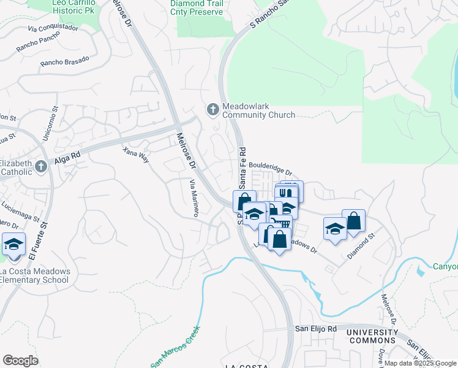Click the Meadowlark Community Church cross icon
(x=213, y=109)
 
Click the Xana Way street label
(x=136, y=155)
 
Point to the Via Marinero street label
(x=194, y=198)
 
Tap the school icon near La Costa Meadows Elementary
(x=13, y=244)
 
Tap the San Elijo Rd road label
(x=316, y=329)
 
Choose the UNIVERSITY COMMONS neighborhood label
(x=372, y=336)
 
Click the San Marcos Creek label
(x=176, y=347)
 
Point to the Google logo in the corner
(x=21, y=360)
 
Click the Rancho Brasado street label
(x=65, y=61)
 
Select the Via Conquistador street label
(x=53, y=28)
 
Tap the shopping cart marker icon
(x=281, y=223)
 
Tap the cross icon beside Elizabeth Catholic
(x=40, y=166)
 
